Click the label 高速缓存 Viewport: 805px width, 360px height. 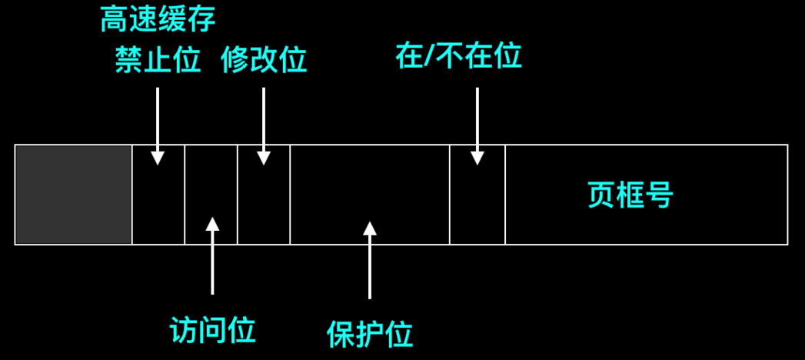[158, 21]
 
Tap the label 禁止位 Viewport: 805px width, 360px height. [158, 60]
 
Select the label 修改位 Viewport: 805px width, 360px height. [264, 60]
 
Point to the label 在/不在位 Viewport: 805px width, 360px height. [458, 56]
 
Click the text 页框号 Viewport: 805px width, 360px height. [630, 195]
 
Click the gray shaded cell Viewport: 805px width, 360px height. [74, 195]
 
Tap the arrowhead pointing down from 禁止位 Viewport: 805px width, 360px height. [158, 158]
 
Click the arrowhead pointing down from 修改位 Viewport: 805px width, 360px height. [264, 158]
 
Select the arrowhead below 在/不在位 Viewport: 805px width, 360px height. [477, 158]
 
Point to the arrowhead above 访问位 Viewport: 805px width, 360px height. [212, 224]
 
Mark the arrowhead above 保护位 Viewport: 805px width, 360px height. [370, 228]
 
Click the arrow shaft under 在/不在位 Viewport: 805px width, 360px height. [477, 119]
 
